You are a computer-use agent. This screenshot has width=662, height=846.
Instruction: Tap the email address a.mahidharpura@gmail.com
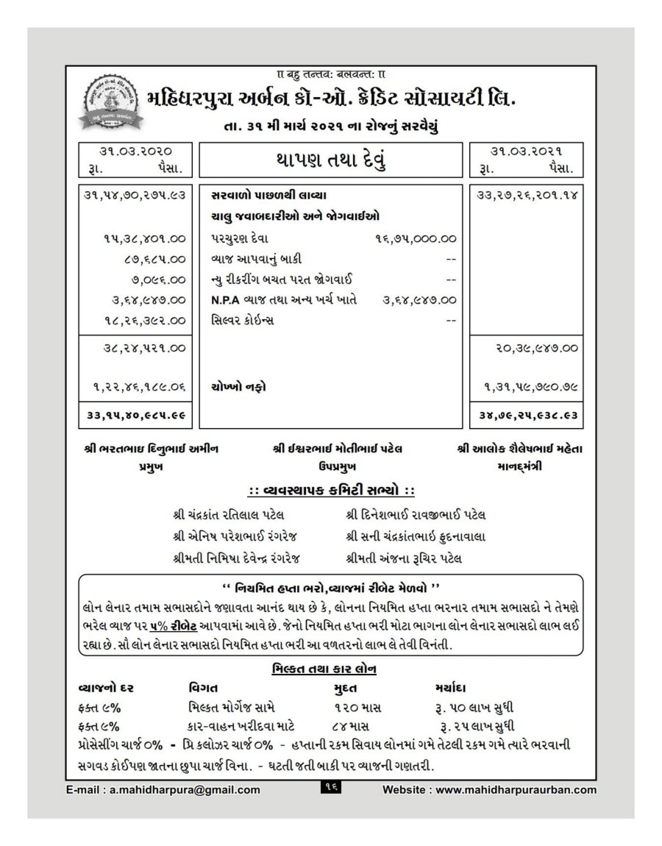162,790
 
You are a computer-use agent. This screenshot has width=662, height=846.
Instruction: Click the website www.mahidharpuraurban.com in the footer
490,790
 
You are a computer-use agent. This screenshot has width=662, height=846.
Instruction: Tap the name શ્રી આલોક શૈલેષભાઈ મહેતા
519,449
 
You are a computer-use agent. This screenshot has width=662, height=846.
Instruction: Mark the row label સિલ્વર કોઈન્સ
242,320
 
